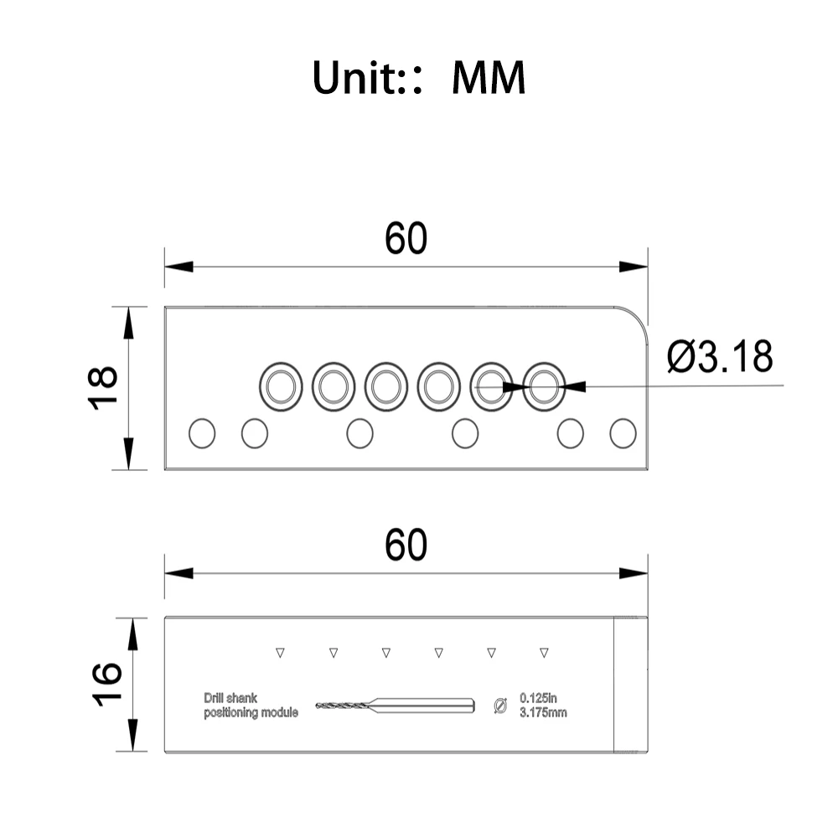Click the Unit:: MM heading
(419, 77)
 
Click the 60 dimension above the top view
(406, 238)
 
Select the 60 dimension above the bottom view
(406, 546)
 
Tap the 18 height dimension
(102, 388)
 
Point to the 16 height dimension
(107, 685)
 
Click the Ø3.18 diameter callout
(719, 356)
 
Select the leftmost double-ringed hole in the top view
(281, 386)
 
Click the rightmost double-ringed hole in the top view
(544, 386)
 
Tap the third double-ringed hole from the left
(385, 386)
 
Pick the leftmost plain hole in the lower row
(202, 433)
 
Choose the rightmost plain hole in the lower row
(623, 433)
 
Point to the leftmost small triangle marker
(280, 653)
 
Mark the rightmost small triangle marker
(544, 653)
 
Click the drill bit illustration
(395, 706)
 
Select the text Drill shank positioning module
(251, 706)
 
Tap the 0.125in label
(538, 698)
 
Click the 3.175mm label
(543, 712)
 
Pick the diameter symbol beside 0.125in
(500, 706)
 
